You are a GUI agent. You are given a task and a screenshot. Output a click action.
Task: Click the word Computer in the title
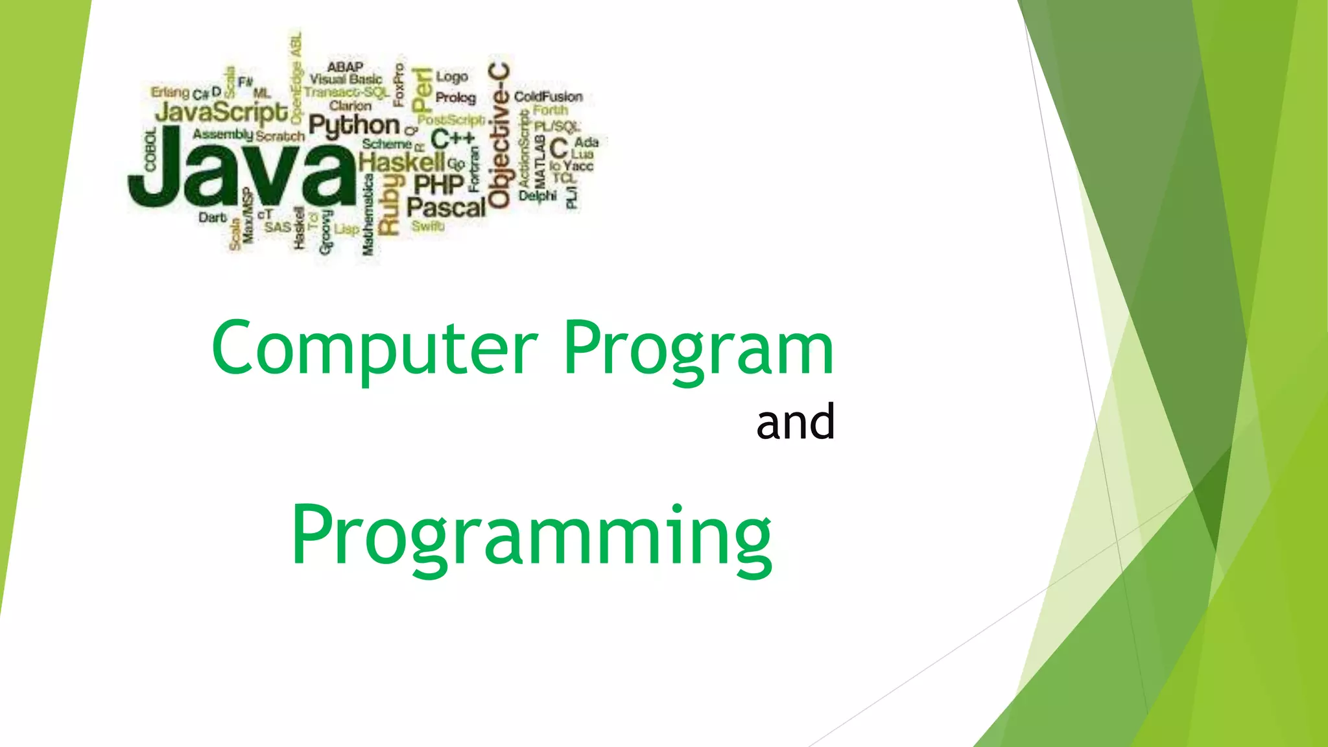(x=374, y=349)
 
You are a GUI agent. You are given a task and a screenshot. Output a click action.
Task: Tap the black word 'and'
(x=795, y=422)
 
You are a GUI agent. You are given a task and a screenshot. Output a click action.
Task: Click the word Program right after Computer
(x=698, y=349)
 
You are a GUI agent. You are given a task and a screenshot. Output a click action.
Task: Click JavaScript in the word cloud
(x=221, y=113)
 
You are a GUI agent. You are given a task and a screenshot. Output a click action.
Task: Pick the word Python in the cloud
(x=354, y=125)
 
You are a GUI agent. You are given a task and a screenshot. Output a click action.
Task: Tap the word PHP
(x=439, y=185)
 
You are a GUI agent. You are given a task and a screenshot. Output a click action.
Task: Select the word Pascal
(x=446, y=207)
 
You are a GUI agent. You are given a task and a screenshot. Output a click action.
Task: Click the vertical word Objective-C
(x=499, y=136)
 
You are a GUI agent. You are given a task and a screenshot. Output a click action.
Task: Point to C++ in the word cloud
(x=453, y=139)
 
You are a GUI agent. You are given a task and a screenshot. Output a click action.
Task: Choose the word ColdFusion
(x=548, y=97)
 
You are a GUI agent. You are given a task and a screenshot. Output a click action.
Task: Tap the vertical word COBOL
(x=150, y=150)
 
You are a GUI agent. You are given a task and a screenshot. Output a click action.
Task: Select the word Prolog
(x=455, y=97)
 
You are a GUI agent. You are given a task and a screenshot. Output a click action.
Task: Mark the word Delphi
(x=538, y=195)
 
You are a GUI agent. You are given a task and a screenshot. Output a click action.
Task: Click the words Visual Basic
(x=346, y=79)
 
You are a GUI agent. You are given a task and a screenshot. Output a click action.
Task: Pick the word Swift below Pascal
(x=428, y=226)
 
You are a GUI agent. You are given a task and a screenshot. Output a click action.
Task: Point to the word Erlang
(x=170, y=92)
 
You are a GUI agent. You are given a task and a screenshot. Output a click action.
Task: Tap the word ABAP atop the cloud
(x=345, y=67)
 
